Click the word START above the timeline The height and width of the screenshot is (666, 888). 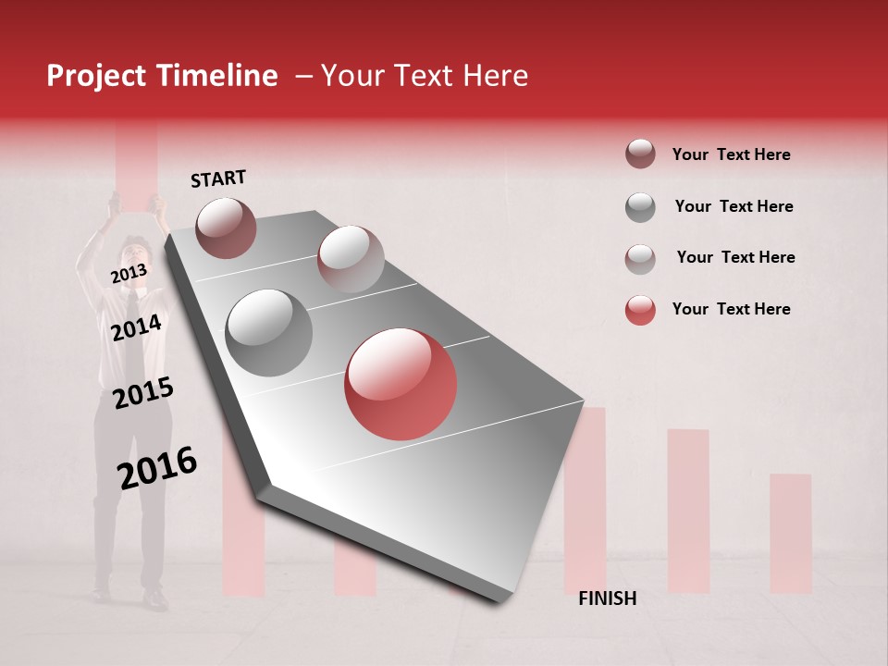click(218, 179)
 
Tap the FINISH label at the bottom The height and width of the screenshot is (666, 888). click(607, 598)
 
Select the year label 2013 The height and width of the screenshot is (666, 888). click(129, 273)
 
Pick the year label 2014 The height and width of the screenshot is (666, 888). click(136, 327)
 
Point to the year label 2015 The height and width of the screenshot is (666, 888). click(142, 393)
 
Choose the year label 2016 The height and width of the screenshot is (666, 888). click(156, 467)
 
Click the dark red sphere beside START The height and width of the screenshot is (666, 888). click(226, 228)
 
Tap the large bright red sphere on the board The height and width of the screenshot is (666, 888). click(401, 384)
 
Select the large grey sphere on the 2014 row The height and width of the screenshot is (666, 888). click(268, 332)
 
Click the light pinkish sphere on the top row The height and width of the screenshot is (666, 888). click(350, 258)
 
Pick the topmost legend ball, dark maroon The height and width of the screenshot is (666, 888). click(640, 154)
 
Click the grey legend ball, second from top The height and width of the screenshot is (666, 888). click(640, 207)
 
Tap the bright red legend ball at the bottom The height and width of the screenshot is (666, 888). click(640, 310)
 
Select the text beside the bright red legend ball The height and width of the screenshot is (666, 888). click(731, 309)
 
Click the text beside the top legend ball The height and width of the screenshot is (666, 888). click(731, 154)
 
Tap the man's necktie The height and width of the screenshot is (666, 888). click(132, 319)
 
